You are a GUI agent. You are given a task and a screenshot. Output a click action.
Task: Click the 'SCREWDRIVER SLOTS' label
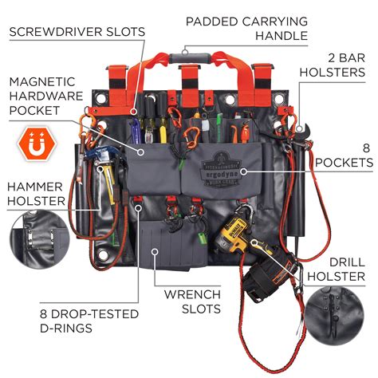[x=77, y=32]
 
